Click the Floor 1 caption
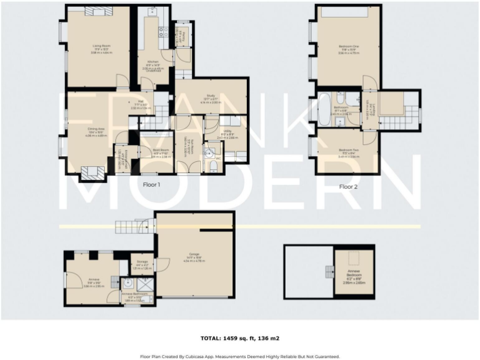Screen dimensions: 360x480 (x=152, y=185)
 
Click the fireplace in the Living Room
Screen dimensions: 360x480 (x=98, y=11)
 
